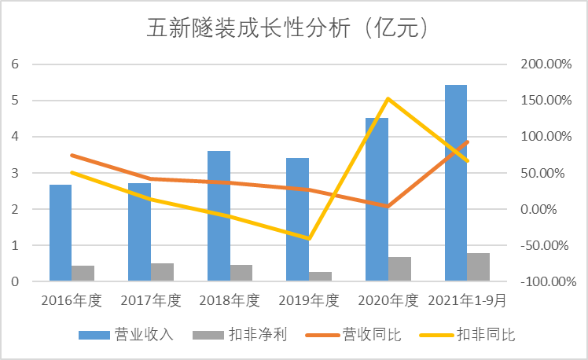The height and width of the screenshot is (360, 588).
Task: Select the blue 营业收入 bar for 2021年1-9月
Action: point(456,182)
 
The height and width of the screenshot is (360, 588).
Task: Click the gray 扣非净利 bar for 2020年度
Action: point(399,269)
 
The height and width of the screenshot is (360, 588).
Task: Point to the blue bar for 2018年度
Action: point(219,215)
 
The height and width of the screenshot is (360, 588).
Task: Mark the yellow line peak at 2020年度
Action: point(388,99)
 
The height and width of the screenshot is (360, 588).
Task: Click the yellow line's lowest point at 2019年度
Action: point(310,238)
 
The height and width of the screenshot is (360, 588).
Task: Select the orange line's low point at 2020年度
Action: point(388,207)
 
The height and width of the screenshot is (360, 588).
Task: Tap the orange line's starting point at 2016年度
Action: point(72,156)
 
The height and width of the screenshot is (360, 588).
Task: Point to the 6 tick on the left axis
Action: point(14,64)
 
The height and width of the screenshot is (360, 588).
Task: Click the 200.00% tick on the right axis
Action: point(546,64)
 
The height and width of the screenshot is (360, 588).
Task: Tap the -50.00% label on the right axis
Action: point(546,245)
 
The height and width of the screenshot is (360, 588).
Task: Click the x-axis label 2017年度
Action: point(151,300)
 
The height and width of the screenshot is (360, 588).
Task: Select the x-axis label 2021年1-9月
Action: point(467,300)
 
